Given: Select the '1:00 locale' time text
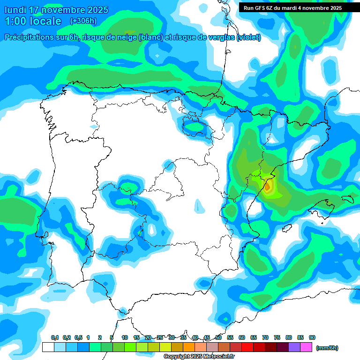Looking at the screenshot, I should coord(33,21).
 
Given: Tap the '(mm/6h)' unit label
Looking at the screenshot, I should coord(327,348).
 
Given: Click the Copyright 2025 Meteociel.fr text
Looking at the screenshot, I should coord(199,357).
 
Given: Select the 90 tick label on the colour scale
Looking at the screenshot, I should coord(312,337).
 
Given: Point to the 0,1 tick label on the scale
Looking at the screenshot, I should coord(55,337).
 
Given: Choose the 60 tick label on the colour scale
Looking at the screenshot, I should coord(242,337).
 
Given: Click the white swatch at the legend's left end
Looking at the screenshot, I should coord(48,347).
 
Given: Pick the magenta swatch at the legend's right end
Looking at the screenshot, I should coord(307,347).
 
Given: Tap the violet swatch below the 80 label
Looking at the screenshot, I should coord(294,347).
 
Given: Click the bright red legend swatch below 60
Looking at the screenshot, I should coord(247,347).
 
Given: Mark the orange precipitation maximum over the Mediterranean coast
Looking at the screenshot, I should coord(267,187).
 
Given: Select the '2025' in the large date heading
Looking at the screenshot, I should coord(97,10).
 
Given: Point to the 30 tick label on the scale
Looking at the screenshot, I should coord(172,337).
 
